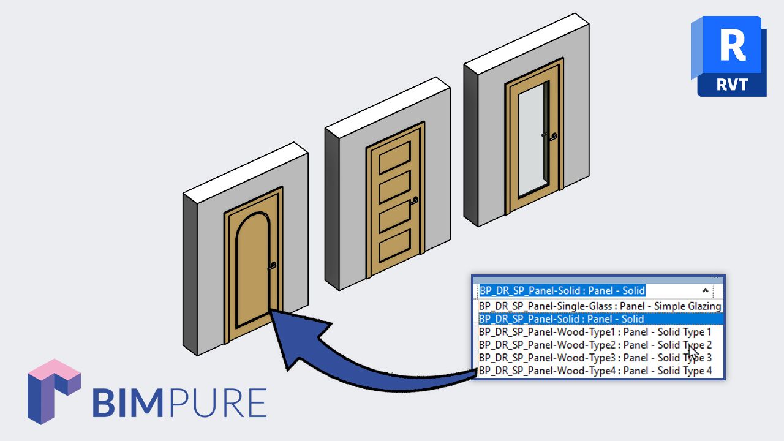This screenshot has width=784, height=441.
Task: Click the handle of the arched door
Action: (272, 265)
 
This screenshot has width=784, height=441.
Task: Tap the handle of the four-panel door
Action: (415, 200)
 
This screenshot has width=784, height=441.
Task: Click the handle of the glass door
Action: (553, 136)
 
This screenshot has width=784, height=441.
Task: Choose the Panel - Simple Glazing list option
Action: (600, 306)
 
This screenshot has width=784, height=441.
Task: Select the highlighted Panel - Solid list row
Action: (600, 318)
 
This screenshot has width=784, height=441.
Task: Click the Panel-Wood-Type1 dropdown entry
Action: (595, 332)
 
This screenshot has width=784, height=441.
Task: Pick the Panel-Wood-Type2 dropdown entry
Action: (595, 345)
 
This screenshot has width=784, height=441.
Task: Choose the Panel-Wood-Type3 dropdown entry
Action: (595, 358)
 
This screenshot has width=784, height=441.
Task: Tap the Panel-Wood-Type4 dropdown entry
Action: (595, 371)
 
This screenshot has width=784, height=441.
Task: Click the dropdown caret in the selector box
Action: (706, 291)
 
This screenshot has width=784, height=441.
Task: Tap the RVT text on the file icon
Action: (732, 83)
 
